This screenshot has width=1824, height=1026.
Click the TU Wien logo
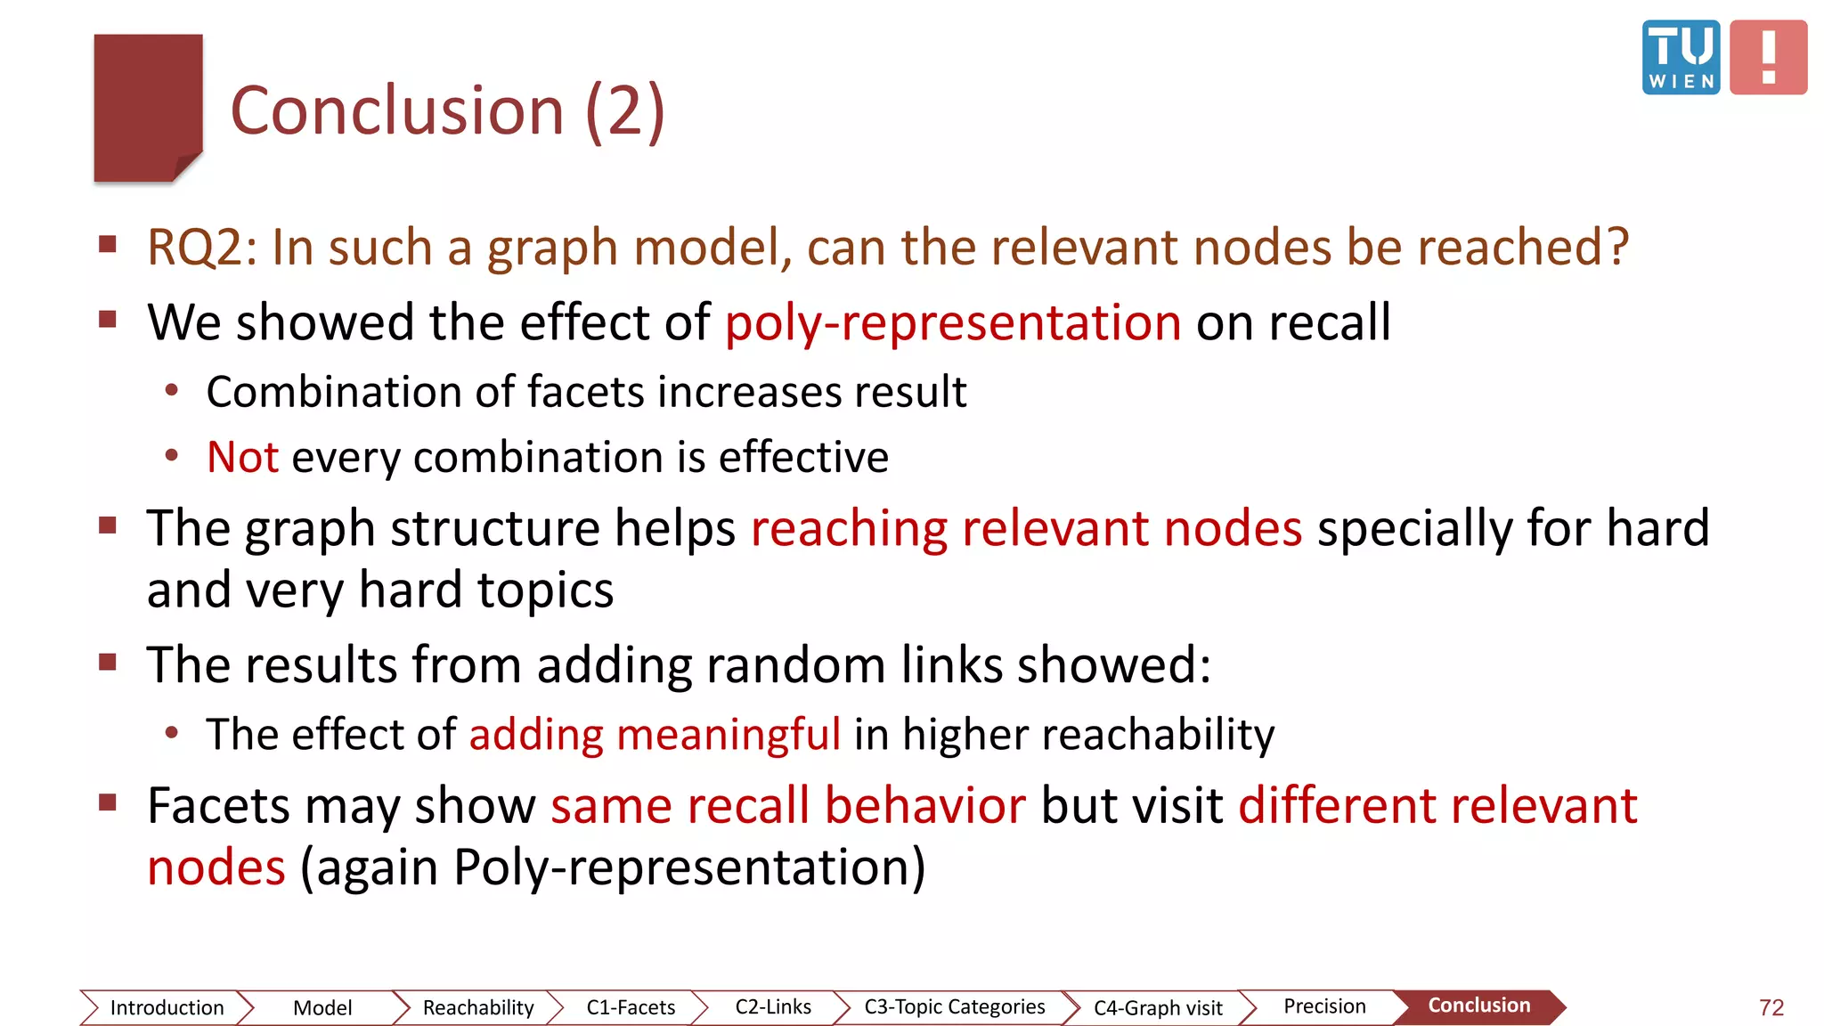click(1681, 57)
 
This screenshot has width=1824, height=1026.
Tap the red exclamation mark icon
click(1768, 57)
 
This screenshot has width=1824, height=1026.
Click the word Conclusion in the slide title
click(397, 111)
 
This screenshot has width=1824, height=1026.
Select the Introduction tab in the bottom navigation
click(167, 1007)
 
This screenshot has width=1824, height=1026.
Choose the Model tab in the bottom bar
click(322, 1007)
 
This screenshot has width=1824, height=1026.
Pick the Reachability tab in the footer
click(478, 1007)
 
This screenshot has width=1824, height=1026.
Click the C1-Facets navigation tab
click(631, 1007)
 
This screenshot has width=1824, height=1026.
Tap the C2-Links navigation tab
click(773, 1006)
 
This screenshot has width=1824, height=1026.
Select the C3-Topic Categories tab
click(955, 1006)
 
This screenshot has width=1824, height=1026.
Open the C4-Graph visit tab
click(1158, 1007)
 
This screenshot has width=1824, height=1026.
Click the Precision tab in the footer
click(1324, 1006)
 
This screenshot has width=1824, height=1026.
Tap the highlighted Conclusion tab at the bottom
click(1479, 1006)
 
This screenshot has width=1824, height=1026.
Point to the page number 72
click(1771, 1007)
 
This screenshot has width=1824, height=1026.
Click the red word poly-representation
click(953, 322)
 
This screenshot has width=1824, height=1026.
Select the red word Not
click(242, 457)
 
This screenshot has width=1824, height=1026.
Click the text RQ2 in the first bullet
click(201, 247)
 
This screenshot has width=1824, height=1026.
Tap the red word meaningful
click(729, 735)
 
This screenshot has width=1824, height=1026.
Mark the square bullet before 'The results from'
click(109, 662)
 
